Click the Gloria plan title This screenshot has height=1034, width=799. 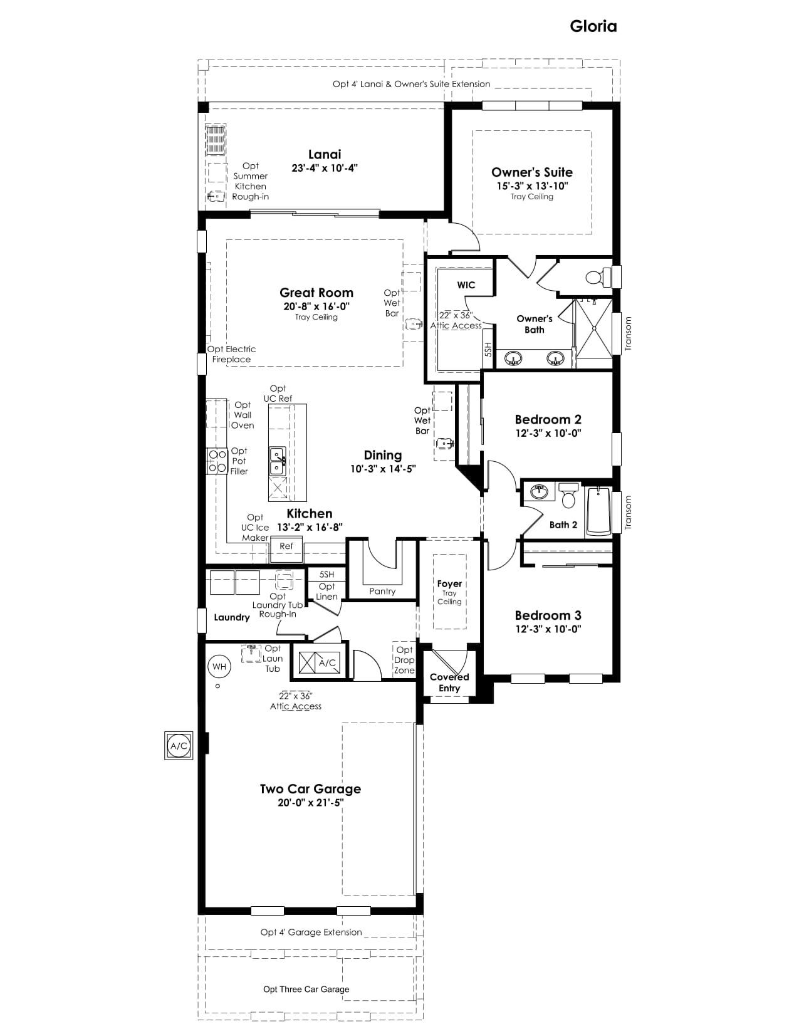(x=593, y=26)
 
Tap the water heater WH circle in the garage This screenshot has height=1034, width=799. (x=219, y=667)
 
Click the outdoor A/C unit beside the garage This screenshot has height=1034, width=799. (x=179, y=746)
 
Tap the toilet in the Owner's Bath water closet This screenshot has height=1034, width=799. (x=598, y=277)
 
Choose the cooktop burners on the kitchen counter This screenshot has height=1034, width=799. (x=217, y=461)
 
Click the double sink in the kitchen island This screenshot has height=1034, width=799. (x=278, y=461)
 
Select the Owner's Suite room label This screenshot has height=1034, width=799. (x=531, y=172)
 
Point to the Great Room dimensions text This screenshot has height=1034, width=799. (x=316, y=306)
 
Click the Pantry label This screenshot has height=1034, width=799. (x=382, y=591)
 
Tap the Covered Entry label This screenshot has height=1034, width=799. (x=449, y=682)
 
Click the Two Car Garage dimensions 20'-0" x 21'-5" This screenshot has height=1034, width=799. (x=311, y=803)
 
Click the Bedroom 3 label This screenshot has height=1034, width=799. (x=548, y=615)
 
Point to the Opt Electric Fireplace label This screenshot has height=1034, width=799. (x=231, y=354)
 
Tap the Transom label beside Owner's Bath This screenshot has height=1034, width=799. (x=628, y=334)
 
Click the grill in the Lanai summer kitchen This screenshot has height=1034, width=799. (x=216, y=139)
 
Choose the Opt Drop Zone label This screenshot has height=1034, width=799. (x=404, y=660)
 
